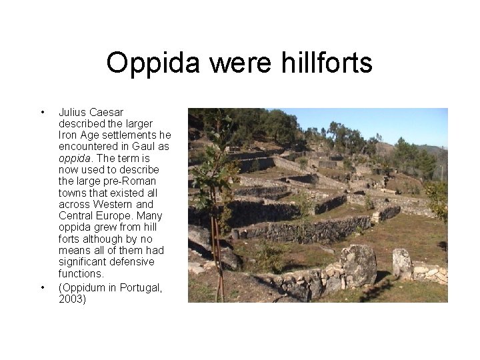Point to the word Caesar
(106, 112)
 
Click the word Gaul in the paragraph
(146, 147)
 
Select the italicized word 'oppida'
(74, 158)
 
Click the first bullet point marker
(42, 112)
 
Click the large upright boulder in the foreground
(358, 265)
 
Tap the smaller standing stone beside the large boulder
(401, 263)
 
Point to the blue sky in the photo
(387, 123)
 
